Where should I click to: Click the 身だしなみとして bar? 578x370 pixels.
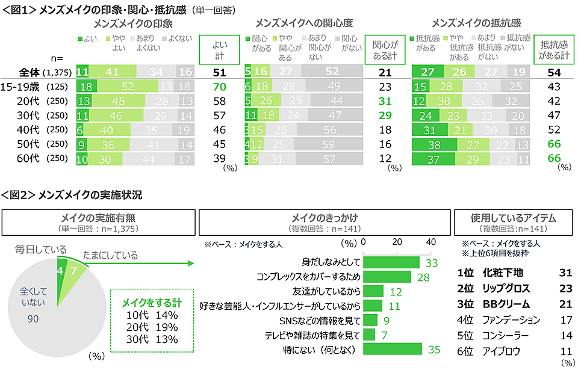[x=391, y=262]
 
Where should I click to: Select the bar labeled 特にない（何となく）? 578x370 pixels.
[x=393, y=349]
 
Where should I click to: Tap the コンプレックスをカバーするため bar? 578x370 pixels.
[x=387, y=277]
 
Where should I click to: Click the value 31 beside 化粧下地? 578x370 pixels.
[x=564, y=273]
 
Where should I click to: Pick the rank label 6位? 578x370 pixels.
[x=466, y=351]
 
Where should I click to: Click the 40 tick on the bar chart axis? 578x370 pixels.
[x=431, y=242]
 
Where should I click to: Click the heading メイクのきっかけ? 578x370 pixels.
[x=325, y=218]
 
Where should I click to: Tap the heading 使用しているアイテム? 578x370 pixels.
[x=513, y=218]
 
